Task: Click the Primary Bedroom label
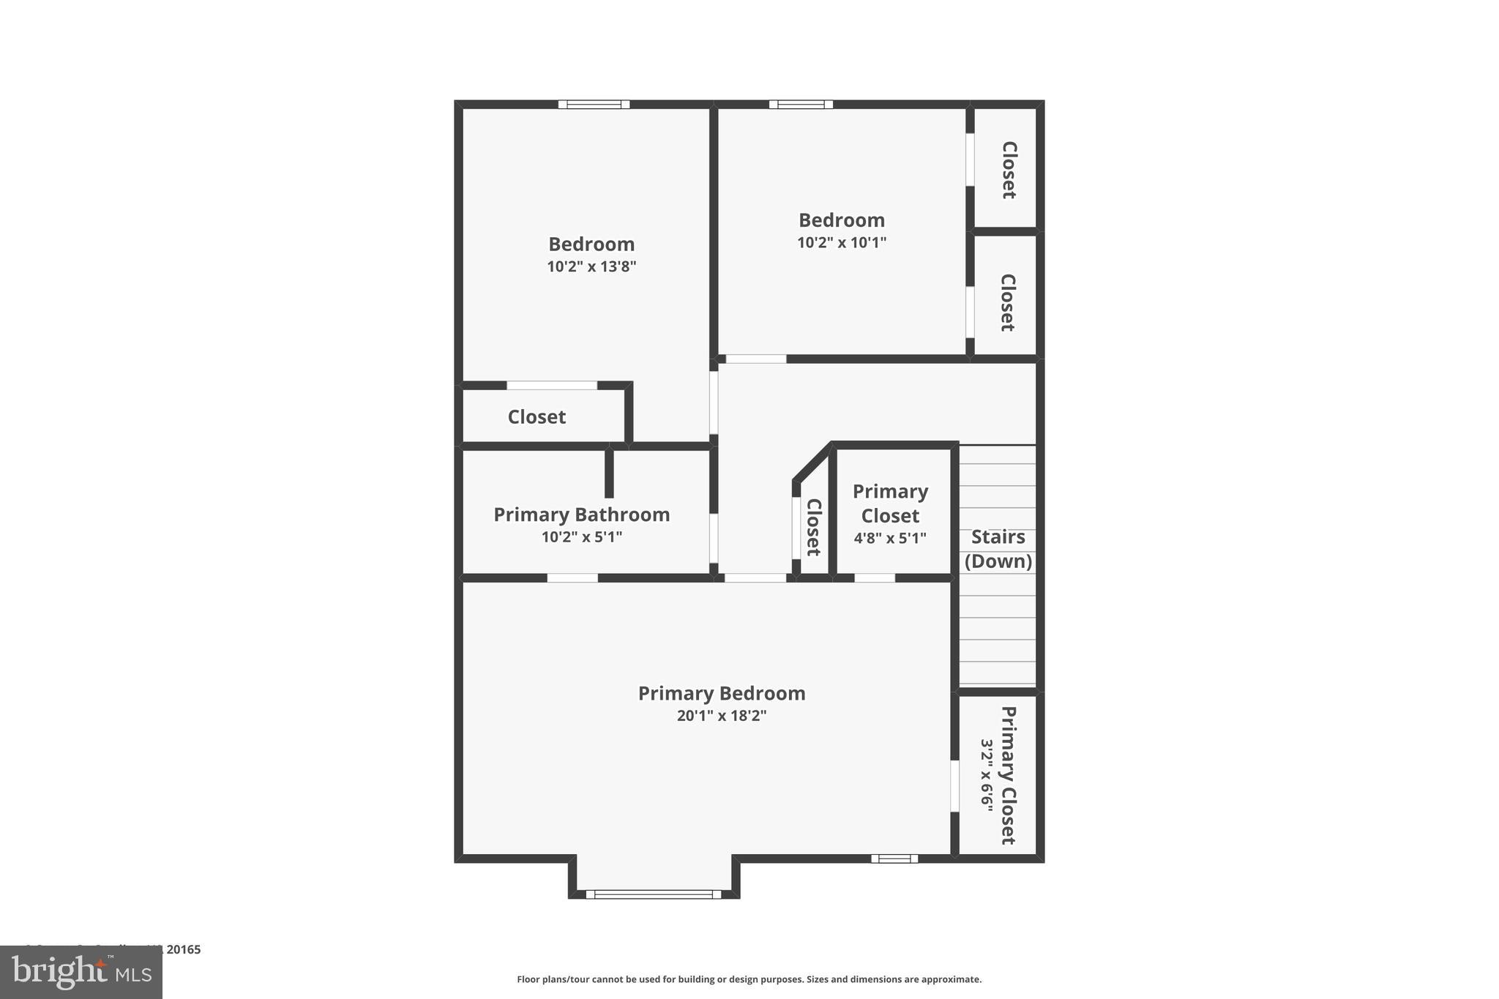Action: tap(721, 693)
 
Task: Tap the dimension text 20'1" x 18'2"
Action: tap(721, 716)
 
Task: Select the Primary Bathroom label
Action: tap(581, 515)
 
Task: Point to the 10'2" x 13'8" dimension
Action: tap(591, 266)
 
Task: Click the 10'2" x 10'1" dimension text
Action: tap(841, 242)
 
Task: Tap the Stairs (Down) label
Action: tap(998, 549)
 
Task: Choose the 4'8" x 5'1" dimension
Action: tap(889, 539)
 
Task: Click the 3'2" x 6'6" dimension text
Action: tap(987, 774)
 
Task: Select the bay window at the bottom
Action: tap(653, 894)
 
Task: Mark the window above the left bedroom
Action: tap(594, 105)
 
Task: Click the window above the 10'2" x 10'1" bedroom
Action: tap(800, 105)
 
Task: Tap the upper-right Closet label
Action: tap(1009, 170)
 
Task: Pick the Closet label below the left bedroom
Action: tap(537, 417)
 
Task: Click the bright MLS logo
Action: tap(81, 972)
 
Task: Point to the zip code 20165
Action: tap(183, 949)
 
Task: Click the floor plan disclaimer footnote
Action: tap(749, 979)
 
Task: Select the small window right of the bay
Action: tap(894, 858)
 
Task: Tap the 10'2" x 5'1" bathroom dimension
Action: tap(581, 537)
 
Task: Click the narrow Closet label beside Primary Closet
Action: tap(813, 527)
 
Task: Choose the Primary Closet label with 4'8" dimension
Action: tap(889, 504)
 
